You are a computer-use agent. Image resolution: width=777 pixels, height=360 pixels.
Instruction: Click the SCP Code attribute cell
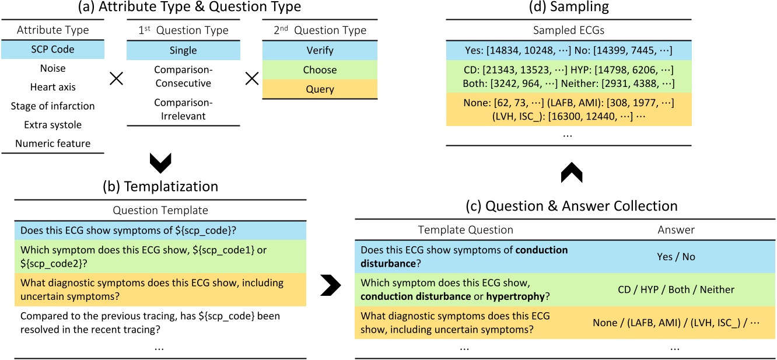[52, 50]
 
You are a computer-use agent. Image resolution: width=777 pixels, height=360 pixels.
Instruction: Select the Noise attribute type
[52, 68]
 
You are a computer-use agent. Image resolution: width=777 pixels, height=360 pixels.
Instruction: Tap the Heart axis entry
[52, 87]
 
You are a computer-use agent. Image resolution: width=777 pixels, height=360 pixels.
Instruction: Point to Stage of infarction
[52, 106]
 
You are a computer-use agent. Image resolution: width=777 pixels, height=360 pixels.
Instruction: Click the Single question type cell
[183, 50]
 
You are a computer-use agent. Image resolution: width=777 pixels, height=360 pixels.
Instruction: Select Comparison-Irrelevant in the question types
[183, 108]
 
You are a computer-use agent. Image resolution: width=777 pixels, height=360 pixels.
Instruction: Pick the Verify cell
[319, 50]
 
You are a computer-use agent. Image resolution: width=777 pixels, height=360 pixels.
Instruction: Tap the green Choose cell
[319, 69]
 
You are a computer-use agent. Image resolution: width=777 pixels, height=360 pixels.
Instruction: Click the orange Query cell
[319, 89]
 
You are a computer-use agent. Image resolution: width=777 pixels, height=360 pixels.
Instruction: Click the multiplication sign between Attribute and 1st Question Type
[116, 79]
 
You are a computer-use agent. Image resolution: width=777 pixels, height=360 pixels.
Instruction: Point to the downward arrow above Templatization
[160, 163]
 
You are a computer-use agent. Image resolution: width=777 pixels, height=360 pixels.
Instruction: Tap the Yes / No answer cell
[676, 257]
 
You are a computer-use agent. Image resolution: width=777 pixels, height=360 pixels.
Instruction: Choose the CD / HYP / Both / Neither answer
[676, 289]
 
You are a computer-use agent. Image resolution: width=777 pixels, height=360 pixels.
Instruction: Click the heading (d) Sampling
[569, 8]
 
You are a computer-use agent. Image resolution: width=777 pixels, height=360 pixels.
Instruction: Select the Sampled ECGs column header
[569, 30]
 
